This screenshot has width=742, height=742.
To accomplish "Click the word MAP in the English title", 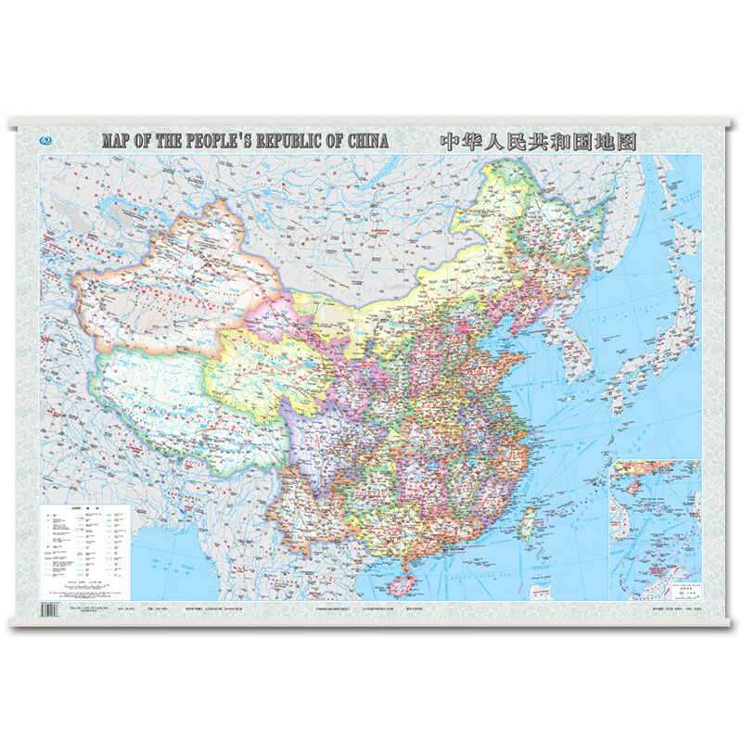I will coord(117,141).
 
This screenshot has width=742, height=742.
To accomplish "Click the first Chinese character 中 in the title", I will coord(450,141).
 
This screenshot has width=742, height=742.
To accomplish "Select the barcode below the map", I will coord(50,610).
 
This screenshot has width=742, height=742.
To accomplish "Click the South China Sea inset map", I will coord(655,529).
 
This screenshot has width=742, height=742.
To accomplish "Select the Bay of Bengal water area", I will coord(176,566).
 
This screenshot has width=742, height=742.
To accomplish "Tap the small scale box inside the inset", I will coord(687,589).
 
